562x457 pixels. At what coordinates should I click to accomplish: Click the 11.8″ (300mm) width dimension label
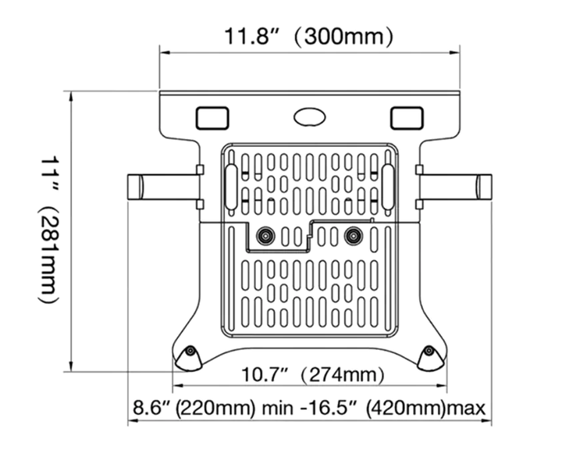[x=309, y=36]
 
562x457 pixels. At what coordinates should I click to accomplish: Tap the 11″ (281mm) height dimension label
[x=48, y=230]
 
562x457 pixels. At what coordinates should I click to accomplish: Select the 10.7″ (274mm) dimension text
[x=312, y=375]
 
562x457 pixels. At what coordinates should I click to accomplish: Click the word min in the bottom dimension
[x=277, y=409]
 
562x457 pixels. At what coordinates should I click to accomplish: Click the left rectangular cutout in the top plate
[x=212, y=118]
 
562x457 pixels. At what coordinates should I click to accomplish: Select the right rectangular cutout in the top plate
[x=407, y=118]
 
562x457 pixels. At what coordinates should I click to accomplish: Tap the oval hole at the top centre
[x=310, y=117]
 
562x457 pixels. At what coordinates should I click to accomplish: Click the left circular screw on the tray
[x=265, y=236]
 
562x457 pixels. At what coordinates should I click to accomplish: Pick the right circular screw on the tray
[x=354, y=236]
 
